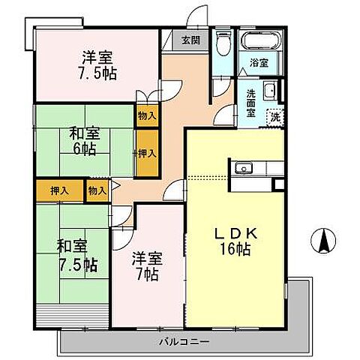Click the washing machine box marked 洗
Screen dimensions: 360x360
(276, 117)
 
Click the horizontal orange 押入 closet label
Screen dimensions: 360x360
(59, 191)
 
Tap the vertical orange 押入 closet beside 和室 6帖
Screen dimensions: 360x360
(147, 153)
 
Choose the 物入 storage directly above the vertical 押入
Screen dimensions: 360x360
(147, 116)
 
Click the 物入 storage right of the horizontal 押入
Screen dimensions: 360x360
(97, 191)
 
